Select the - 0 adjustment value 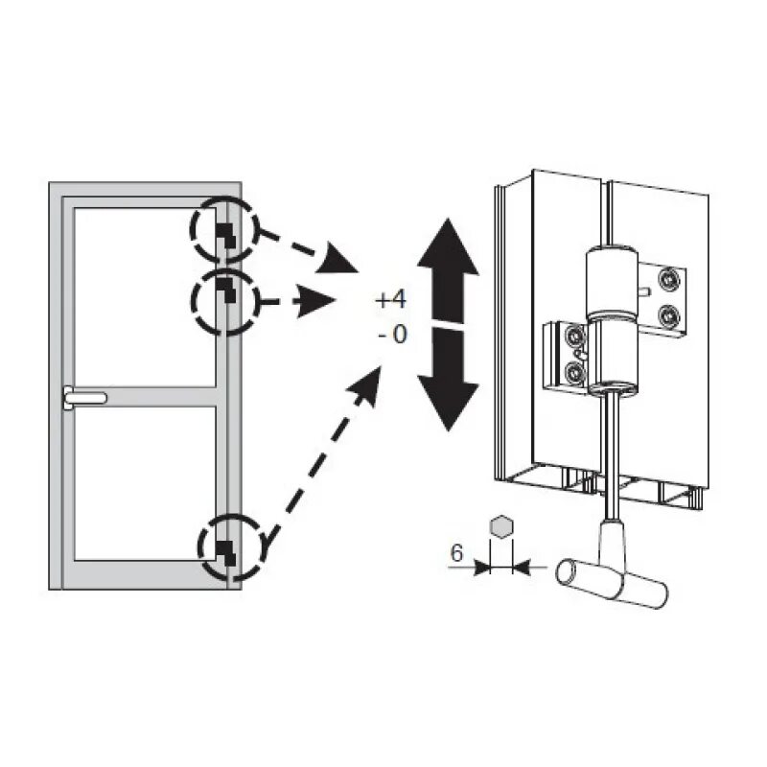[x=391, y=336]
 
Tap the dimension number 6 [x=457, y=553]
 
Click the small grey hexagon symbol [x=500, y=526]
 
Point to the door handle [x=84, y=396]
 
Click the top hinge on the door [x=224, y=233]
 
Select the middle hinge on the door [x=224, y=290]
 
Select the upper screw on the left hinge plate [x=573, y=337]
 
